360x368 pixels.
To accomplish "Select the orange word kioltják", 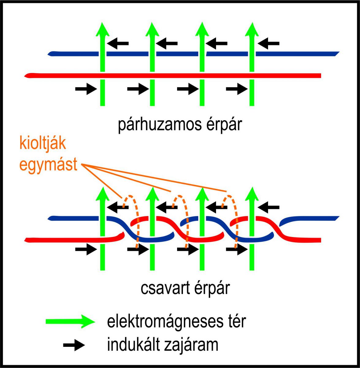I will (x=43, y=144).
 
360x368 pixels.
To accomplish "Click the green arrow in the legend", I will (x=70, y=321).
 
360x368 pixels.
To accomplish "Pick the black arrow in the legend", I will (x=74, y=345).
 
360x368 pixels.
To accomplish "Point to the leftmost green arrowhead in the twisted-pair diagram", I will (x=102, y=194).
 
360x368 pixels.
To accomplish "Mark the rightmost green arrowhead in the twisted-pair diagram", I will (x=252, y=194).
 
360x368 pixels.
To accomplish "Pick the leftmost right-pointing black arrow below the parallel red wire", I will (x=86, y=90).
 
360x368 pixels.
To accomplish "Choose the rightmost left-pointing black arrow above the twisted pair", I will (x=268, y=207).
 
